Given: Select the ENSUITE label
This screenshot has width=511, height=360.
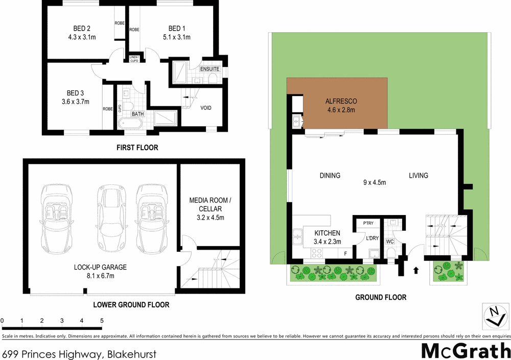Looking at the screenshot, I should [210, 69].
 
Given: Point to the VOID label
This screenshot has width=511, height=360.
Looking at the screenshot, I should [206, 108].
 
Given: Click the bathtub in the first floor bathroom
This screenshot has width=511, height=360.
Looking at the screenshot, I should [130, 124].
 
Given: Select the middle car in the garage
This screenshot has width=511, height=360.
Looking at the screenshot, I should [109, 218].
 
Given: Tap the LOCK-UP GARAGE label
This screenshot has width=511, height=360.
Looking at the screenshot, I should [100, 267].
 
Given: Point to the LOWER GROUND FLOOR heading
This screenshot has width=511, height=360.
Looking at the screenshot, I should [131, 305].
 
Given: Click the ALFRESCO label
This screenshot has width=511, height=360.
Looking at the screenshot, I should [341, 101].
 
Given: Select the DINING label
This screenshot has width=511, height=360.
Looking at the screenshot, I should [330, 176].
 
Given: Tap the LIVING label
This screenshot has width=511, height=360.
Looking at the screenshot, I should [418, 176].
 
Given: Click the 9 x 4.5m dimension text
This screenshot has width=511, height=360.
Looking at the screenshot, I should [374, 182].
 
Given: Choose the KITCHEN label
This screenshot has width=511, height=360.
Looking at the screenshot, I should [327, 233].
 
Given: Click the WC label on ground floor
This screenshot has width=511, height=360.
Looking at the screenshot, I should [390, 241].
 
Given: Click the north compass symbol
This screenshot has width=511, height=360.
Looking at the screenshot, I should [494, 315].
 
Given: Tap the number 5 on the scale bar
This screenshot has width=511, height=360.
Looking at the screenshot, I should [102, 321].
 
